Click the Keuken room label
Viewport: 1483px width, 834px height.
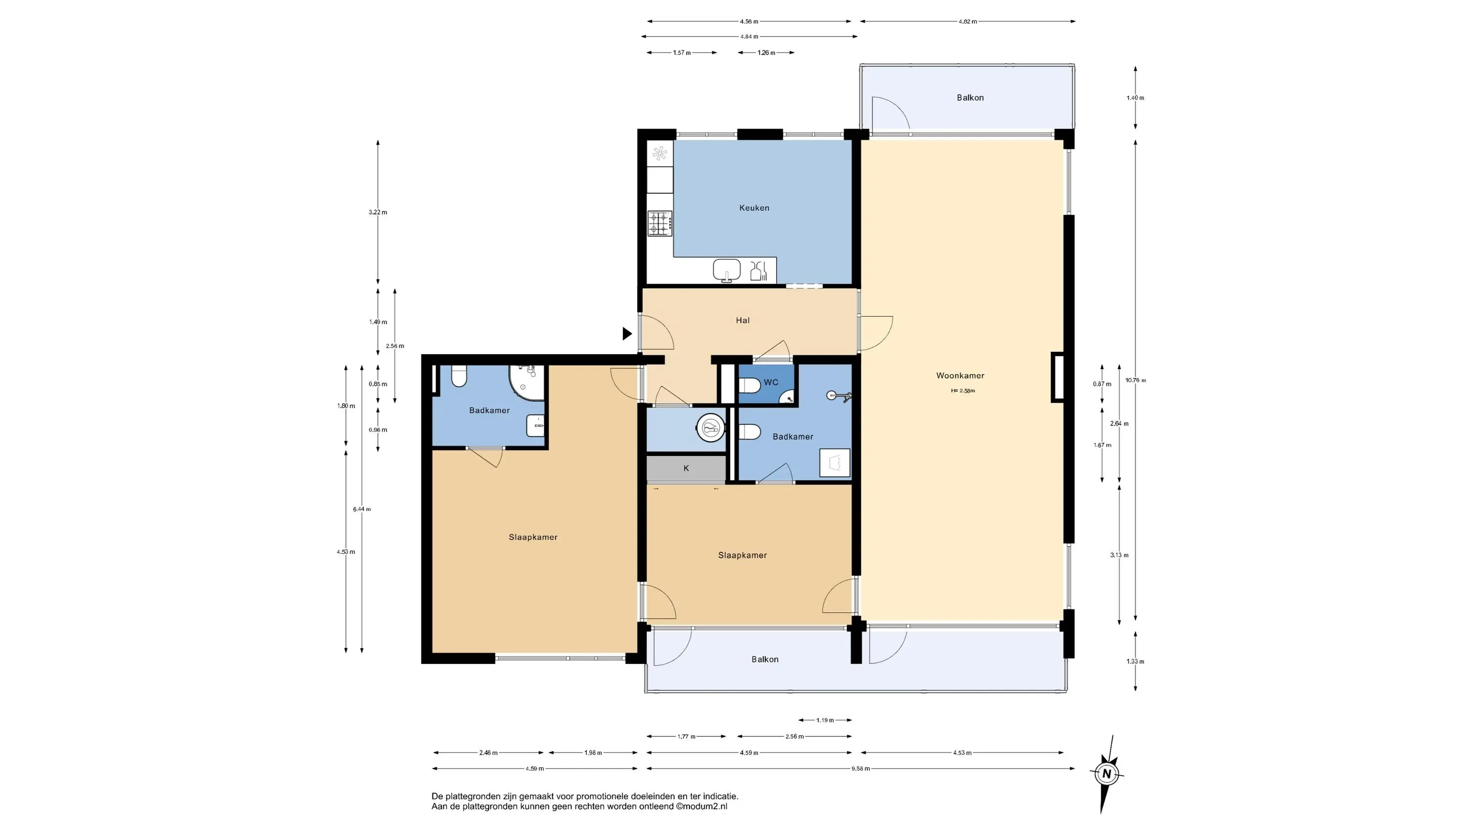point(754,208)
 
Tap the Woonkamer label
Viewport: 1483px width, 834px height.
point(960,376)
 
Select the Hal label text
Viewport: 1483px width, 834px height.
point(742,321)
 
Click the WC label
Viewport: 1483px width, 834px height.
point(771,382)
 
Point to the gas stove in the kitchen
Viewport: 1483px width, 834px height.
point(660,223)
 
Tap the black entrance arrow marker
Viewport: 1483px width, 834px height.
point(627,334)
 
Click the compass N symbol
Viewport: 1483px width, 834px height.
point(1106,774)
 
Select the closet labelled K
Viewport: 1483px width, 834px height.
point(686,468)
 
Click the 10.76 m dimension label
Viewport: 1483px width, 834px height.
point(1136,380)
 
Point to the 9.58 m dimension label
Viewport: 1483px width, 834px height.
point(861,768)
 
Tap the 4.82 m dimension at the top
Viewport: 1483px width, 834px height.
point(968,21)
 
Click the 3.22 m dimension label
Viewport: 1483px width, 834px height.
point(378,212)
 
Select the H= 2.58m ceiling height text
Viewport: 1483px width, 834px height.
point(963,391)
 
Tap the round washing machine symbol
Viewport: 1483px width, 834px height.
point(711,428)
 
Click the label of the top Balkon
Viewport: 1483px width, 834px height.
point(970,98)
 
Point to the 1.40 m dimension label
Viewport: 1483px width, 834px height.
point(1135,98)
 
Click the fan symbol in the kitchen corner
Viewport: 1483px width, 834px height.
point(660,153)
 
